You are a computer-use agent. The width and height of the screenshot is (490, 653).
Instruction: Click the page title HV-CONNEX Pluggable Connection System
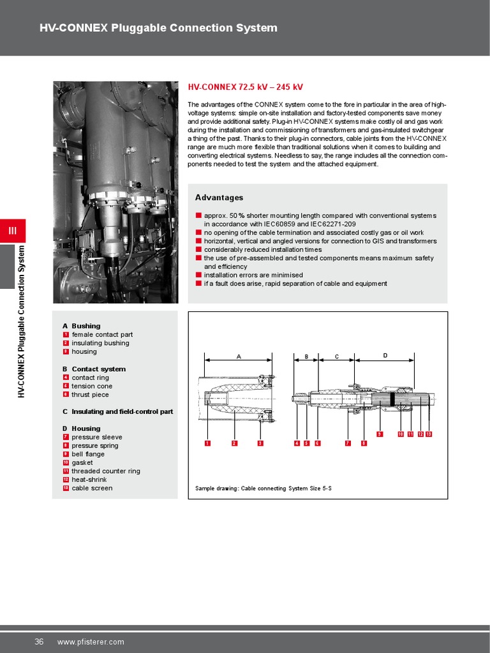pos(158,28)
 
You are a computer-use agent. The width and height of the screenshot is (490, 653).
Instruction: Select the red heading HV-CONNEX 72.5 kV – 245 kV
pos(245,87)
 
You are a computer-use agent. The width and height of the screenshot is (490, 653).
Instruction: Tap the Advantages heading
pos(219,198)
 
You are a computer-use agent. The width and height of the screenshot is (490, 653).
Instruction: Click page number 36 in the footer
pos(39,642)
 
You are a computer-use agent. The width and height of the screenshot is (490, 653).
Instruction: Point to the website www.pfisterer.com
pos(91,642)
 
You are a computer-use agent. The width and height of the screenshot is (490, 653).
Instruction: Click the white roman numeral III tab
pos(13,230)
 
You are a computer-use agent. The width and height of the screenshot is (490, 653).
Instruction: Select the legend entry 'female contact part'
pos(102,334)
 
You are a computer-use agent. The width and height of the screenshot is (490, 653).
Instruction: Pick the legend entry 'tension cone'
pos(92,386)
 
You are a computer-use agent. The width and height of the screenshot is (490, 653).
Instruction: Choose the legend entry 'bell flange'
pos(88,454)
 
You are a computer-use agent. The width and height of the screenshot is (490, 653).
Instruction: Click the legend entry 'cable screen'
pos(92,488)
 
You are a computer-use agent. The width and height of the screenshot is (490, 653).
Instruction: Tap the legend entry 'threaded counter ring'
pos(106,471)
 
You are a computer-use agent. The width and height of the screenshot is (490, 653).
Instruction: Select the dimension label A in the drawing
pos(239,357)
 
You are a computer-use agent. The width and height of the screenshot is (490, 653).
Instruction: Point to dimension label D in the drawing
pos(385,355)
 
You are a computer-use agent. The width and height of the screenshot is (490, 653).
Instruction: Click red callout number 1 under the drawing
pos(207,443)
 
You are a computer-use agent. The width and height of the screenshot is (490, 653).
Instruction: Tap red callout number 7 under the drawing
pos(348,443)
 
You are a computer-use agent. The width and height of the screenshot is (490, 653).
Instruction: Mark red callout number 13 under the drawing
pos(429,434)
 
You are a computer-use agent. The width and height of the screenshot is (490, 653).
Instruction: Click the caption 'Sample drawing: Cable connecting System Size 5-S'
pos(263,489)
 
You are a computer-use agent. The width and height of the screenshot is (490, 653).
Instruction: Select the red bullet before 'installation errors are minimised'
pos(198,275)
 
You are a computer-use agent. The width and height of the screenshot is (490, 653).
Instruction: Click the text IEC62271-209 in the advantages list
pos(333,224)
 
